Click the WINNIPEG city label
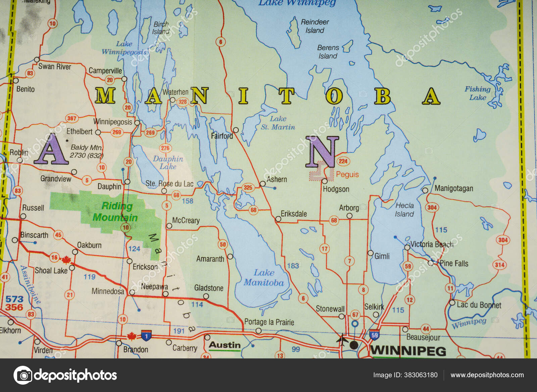(x=408, y=351)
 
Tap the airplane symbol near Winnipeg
(x=341, y=340)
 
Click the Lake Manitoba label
(x=264, y=277)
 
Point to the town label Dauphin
(x=109, y=186)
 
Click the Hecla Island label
(x=404, y=210)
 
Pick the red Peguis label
(x=347, y=174)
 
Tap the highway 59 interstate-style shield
(x=374, y=335)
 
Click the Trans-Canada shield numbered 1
(x=146, y=335)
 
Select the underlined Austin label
(x=225, y=345)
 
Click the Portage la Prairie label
(x=269, y=322)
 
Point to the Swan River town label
(x=55, y=67)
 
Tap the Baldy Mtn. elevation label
(x=86, y=151)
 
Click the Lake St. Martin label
(x=278, y=123)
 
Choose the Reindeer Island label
(x=314, y=26)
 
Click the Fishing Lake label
(x=477, y=93)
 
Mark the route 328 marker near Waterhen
(x=182, y=101)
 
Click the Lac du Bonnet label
(x=479, y=305)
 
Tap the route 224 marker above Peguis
(x=343, y=161)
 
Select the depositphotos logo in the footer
(x=65, y=375)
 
